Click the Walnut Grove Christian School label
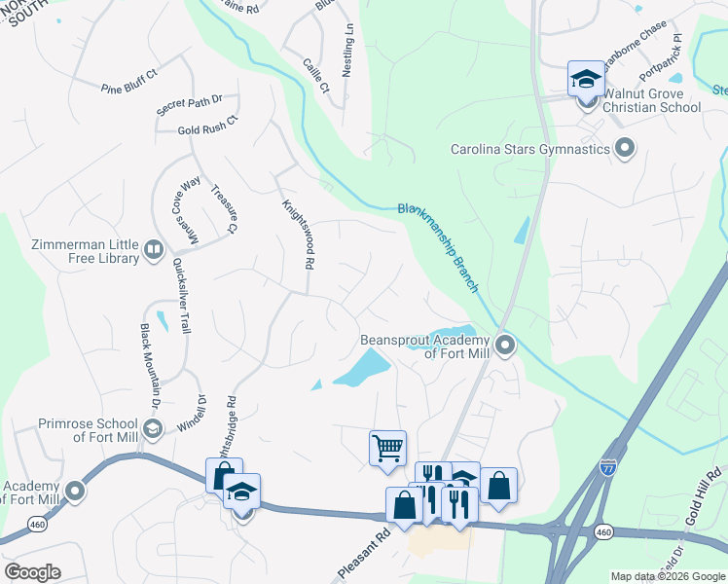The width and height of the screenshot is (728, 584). coord(652,100)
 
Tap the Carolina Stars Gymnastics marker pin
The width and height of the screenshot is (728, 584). coord(625,149)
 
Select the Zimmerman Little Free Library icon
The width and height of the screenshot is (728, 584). coord(153,251)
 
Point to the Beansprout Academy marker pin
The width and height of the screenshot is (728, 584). coord(504,346)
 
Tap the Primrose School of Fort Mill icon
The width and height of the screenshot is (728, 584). coord(152,429)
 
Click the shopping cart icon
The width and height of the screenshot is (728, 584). coord(387,449)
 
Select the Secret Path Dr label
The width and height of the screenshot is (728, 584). coord(190,105)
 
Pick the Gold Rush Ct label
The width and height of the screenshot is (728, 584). coord(207,129)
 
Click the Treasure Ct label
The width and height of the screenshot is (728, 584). coord(224,208)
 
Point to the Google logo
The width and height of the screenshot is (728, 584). coord(32,571)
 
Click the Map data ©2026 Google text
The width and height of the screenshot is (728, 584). coord(668,576)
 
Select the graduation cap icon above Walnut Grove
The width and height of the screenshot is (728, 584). coord(586,78)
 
